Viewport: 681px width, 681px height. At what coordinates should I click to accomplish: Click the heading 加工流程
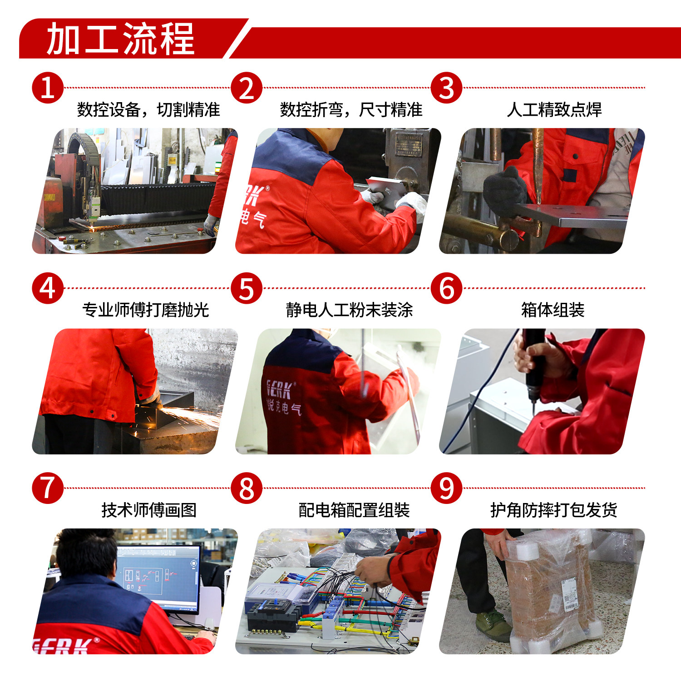(121, 39)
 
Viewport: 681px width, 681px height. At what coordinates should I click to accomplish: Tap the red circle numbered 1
(48, 88)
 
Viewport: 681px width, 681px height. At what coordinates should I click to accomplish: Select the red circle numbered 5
(247, 288)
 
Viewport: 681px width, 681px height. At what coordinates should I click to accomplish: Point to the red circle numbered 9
(446, 489)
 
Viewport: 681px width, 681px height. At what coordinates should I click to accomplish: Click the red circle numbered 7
(48, 489)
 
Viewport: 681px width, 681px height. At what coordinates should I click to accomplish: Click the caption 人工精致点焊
(554, 109)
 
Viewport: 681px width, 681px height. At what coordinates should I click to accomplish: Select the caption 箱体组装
(553, 310)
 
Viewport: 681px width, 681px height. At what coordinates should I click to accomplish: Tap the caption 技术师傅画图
(149, 510)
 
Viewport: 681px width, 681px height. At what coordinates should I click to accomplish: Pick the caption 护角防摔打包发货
(554, 510)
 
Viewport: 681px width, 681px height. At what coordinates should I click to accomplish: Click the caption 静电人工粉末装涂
(349, 310)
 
